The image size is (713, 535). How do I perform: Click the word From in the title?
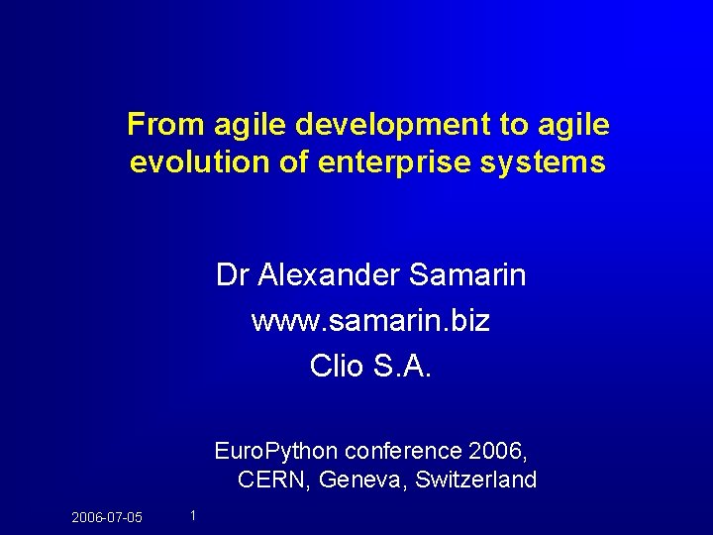pos(157,125)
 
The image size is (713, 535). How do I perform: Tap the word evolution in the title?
pos(187,162)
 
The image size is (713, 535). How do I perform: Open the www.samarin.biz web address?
pos(370,321)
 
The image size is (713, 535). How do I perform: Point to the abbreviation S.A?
pos(403,367)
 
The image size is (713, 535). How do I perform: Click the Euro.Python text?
pos(275,452)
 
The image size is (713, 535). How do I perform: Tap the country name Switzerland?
pos(476,481)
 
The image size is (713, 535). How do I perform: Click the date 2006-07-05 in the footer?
pos(107,517)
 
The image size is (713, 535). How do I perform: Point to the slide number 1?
pos(192,514)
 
